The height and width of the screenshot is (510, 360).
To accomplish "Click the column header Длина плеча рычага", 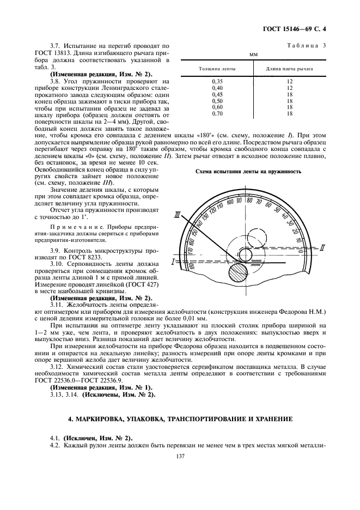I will click(289, 69).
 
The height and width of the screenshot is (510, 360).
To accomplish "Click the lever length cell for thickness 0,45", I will click(289, 94).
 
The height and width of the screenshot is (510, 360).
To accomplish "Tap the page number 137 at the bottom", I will click(181, 457).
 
